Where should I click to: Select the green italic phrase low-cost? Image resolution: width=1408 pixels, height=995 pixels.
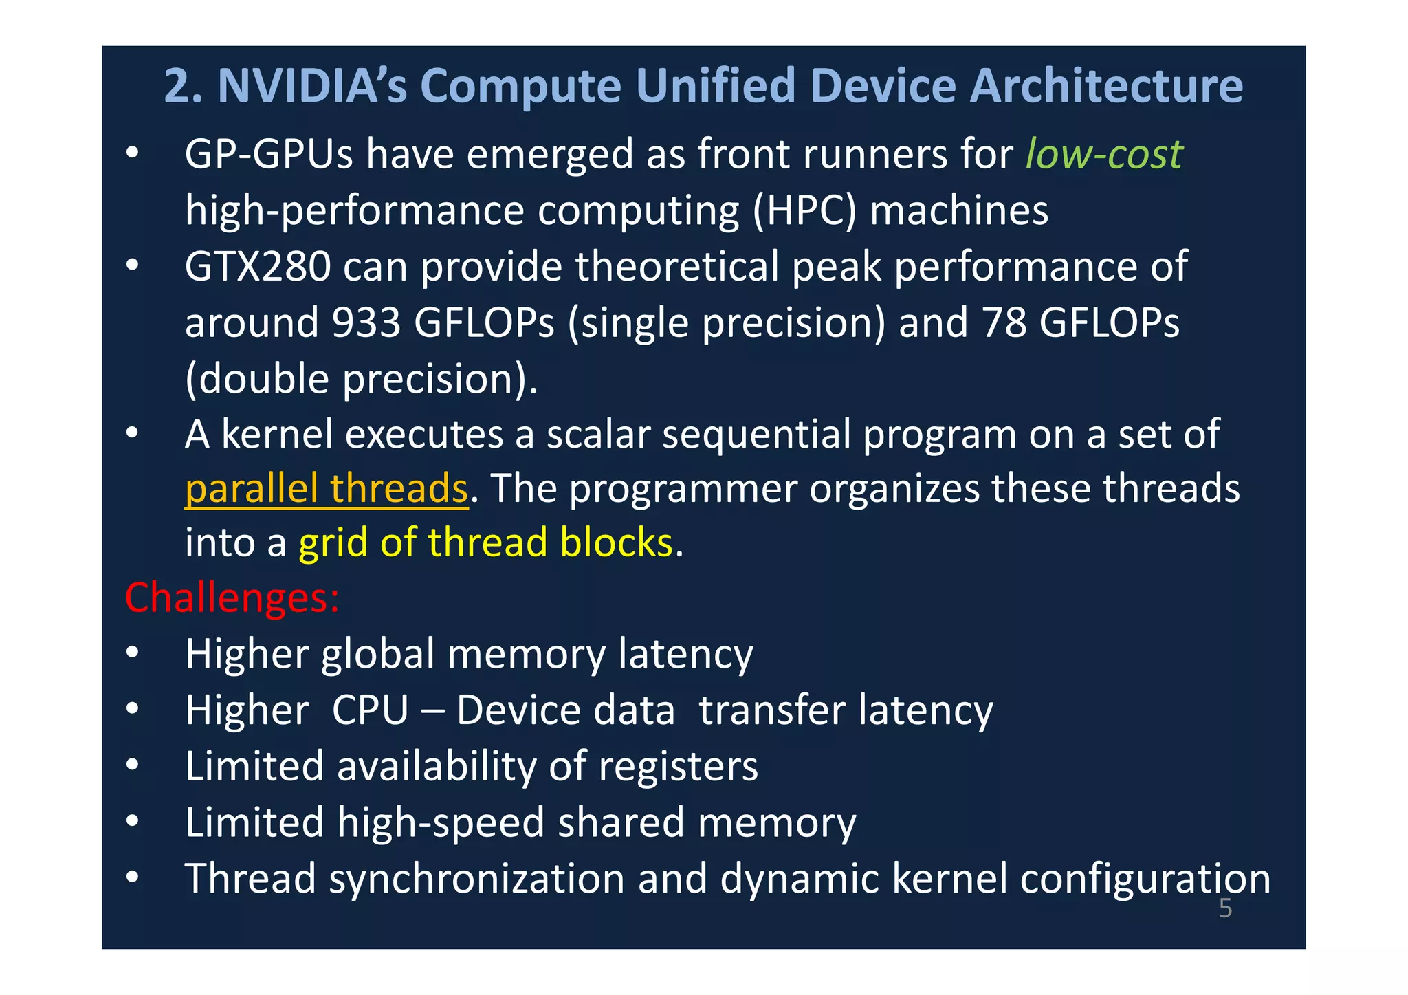(x=1103, y=153)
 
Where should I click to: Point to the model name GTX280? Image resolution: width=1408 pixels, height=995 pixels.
(x=258, y=266)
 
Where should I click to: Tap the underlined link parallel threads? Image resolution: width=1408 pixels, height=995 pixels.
(x=327, y=488)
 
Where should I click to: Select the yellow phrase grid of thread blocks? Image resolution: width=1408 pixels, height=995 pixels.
(x=485, y=543)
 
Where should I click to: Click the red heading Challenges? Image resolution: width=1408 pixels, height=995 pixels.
(x=232, y=598)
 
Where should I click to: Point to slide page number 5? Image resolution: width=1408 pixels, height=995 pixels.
(x=1225, y=908)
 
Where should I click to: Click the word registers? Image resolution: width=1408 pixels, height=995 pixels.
(x=678, y=766)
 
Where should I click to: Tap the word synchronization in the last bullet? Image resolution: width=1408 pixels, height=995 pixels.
(x=476, y=879)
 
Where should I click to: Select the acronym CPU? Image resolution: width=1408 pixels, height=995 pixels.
(x=371, y=710)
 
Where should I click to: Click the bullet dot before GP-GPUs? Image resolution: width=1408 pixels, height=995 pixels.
(x=133, y=153)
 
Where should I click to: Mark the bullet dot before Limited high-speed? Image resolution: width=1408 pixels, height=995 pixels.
(x=133, y=822)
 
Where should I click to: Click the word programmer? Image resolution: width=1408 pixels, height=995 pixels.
(x=683, y=488)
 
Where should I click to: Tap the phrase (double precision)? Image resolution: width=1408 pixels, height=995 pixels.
(x=360, y=378)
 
